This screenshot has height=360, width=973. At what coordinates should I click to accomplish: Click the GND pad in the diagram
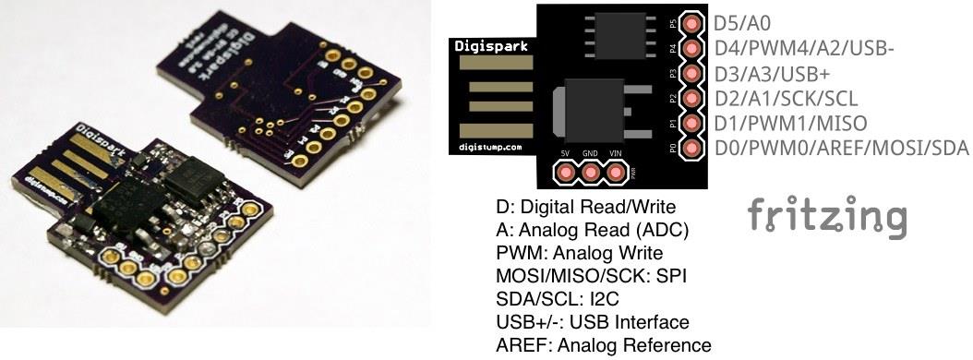(590, 171)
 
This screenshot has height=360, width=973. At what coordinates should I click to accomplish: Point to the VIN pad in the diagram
(615, 171)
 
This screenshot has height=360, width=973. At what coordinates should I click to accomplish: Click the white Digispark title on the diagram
(490, 44)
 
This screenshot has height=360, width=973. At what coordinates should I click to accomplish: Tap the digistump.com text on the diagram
(489, 146)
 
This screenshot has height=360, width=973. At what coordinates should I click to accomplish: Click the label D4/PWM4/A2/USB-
(802, 46)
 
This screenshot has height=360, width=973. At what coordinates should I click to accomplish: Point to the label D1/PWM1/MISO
(789, 122)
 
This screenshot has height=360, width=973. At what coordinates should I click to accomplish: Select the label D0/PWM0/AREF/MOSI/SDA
(841, 148)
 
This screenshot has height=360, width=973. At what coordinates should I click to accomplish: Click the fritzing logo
(826, 216)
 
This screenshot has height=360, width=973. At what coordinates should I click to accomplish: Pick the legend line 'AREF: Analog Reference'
(604, 345)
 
